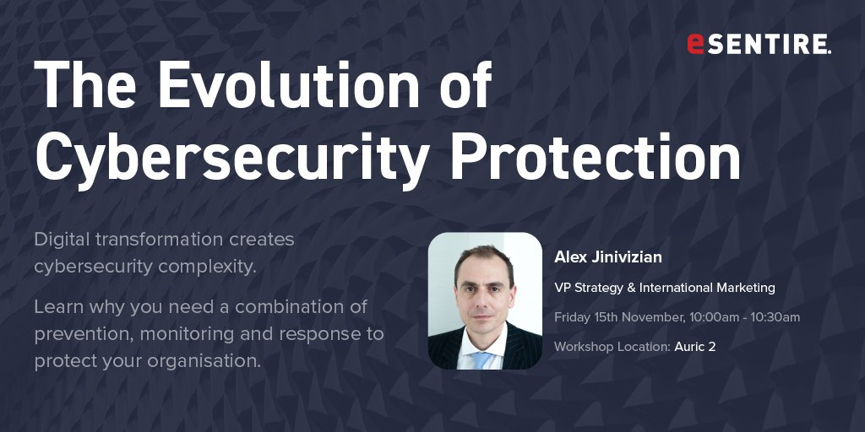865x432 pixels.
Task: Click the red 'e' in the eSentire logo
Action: pos(696,45)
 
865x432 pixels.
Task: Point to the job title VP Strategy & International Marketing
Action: pos(664,288)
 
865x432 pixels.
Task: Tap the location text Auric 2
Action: pos(694,347)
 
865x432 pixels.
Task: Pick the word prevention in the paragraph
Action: pos(82,334)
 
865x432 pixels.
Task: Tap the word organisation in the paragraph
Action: pos(206,361)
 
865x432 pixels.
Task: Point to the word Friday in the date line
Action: pos(571,317)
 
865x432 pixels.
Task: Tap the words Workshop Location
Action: pos(611,347)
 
